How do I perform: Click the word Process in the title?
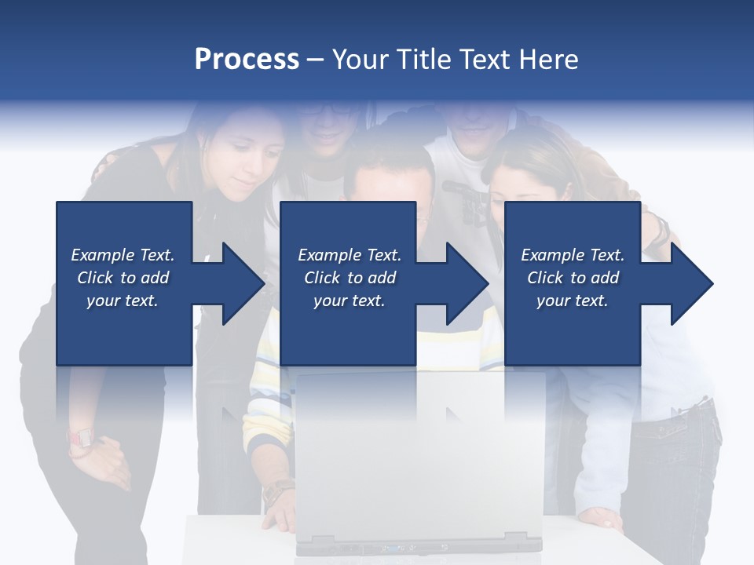(247, 59)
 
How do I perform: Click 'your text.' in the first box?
(123, 301)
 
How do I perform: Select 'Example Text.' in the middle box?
(350, 255)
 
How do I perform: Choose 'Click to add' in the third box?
(573, 278)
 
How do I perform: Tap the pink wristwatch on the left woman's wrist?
(80, 439)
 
